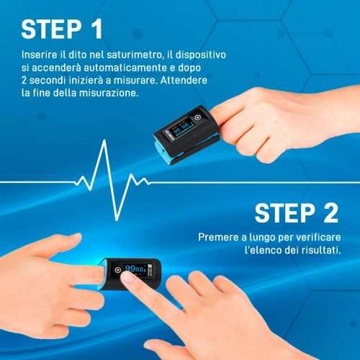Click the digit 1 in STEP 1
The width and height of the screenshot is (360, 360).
(97, 29)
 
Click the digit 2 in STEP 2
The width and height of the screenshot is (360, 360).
(330, 212)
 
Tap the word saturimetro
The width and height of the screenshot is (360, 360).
(134, 55)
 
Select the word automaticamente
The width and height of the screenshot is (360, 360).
(125, 68)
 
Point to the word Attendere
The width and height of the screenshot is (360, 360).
(184, 80)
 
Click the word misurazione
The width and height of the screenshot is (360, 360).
(109, 93)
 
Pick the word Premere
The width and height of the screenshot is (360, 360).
(218, 238)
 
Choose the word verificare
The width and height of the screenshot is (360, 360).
(318, 238)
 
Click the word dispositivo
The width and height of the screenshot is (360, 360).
(201, 55)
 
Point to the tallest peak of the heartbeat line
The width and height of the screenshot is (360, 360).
(104, 140)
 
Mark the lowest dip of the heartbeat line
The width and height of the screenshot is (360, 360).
(117, 219)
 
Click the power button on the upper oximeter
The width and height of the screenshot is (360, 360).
(197, 117)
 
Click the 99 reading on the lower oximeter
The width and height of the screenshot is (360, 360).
(130, 269)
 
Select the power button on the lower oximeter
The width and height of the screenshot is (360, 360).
(117, 270)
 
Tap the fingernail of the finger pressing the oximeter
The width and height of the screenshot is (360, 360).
(127, 278)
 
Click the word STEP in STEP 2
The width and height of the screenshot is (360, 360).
(285, 213)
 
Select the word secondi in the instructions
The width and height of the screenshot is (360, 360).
(48, 80)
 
